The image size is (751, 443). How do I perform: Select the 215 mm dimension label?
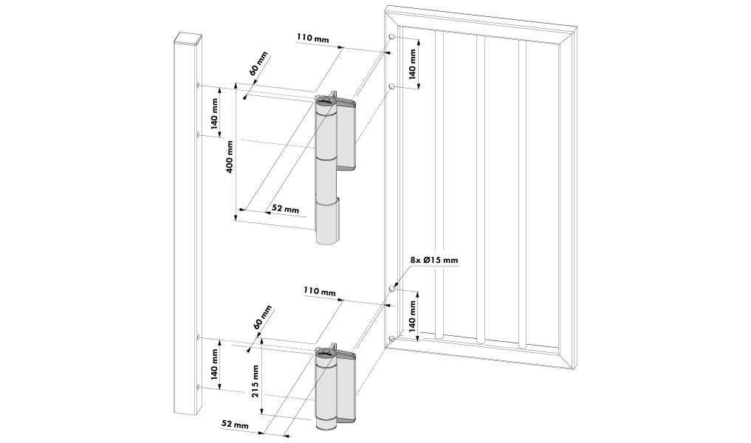(255, 381)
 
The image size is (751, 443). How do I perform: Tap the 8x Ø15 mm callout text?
(433, 261)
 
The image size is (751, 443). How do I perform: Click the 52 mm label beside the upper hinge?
(285, 210)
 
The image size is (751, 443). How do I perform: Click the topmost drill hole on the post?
(199, 86)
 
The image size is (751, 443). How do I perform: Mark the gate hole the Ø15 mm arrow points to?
(392, 289)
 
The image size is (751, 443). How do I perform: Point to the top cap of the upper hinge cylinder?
(326, 99)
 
